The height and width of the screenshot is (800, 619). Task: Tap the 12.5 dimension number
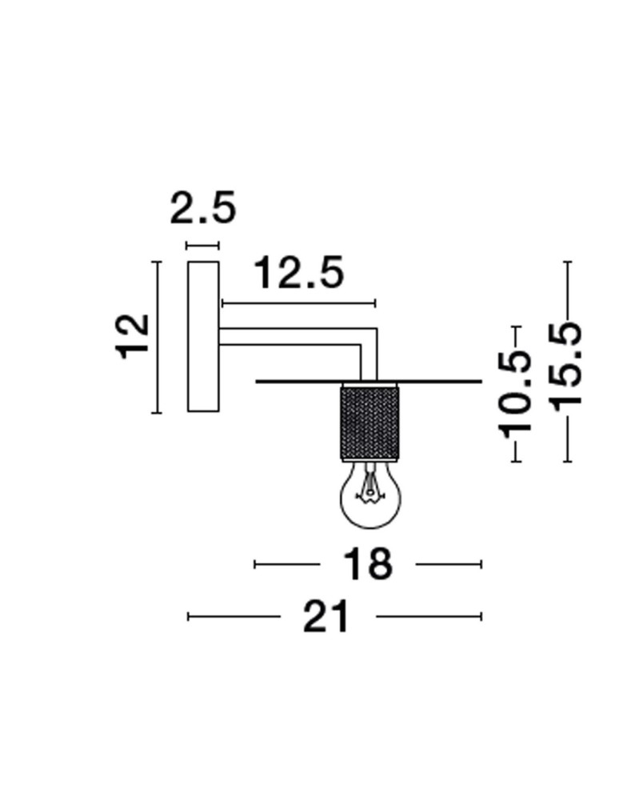click(298, 274)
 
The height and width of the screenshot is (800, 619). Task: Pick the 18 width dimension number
click(368, 564)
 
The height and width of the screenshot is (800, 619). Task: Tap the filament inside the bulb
click(369, 488)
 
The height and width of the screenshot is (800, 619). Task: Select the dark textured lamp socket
click(369, 422)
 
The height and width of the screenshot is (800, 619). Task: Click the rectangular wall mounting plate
click(203, 336)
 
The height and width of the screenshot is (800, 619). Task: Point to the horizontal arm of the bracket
click(292, 336)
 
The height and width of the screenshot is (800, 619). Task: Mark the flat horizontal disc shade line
click(432, 382)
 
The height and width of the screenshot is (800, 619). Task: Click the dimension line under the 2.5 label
click(202, 246)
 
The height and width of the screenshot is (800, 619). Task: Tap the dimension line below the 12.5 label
click(298, 303)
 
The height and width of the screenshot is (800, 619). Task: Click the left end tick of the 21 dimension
click(189, 616)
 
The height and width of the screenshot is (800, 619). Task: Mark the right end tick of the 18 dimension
click(481, 564)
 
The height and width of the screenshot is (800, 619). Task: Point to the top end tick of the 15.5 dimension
click(567, 262)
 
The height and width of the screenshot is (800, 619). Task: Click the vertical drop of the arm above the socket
click(369, 360)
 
